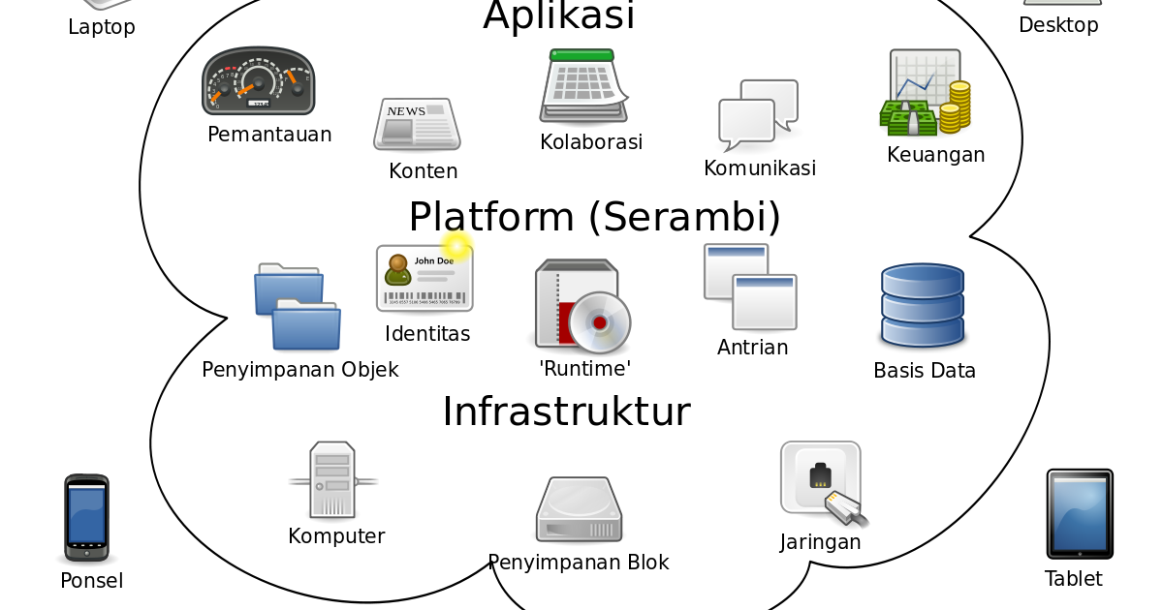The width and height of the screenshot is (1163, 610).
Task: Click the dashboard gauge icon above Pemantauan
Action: tap(258, 81)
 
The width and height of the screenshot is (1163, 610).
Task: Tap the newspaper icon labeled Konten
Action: tap(417, 124)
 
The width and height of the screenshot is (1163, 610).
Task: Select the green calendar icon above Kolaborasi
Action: tap(582, 87)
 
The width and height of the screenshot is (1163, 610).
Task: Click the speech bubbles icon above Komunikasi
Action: tap(759, 114)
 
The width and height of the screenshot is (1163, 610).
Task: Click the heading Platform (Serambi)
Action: tap(594, 217)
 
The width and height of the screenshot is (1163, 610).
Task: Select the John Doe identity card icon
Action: tap(424, 278)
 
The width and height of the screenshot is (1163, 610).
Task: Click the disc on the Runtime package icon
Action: tap(599, 321)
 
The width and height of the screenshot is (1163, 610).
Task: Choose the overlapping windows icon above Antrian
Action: tap(750, 287)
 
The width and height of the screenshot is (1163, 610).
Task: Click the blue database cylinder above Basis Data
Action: tap(922, 306)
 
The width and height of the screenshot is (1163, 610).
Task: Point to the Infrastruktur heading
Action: tap(566, 412)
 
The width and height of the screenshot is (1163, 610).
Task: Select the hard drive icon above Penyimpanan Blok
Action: tap(579, 510)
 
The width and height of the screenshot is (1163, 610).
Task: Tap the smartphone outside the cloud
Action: tap(86, 516)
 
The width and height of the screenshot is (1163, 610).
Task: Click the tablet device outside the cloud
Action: tap(1080, 513)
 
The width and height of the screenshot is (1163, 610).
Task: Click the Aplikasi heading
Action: tap(558, 16)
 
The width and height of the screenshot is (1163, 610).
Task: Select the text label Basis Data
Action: tap(924, 371)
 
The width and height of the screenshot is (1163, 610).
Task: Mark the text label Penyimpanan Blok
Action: tap(578, 563)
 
